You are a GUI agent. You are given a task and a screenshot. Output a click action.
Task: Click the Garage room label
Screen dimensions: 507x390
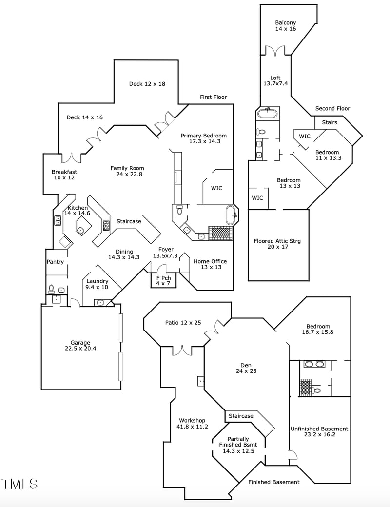coord(80,346)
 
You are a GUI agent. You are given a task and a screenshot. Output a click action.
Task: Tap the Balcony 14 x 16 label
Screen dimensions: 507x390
coord(285,26)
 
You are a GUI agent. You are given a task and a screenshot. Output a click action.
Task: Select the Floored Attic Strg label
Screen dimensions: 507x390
coord(277,244)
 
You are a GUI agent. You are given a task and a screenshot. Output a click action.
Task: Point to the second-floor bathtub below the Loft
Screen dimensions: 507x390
coord(268,114)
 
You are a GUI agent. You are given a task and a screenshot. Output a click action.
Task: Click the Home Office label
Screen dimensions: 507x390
coord(210,264)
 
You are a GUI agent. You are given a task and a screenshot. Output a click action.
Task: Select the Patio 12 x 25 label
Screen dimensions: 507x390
coord(183,323)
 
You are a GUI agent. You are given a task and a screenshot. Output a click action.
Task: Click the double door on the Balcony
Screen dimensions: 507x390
coord(274,51)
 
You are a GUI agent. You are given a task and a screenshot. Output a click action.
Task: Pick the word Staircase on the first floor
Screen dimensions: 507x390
coord(129,221)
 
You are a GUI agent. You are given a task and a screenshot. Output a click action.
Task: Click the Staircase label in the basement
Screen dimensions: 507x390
coord(241,416)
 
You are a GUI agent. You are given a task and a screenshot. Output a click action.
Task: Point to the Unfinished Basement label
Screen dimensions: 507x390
coord(319,432)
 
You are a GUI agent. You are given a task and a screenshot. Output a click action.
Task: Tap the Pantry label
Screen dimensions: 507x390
coord(55,262)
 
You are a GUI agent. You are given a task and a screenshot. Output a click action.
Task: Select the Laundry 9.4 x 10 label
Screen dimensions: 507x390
coord(97,284)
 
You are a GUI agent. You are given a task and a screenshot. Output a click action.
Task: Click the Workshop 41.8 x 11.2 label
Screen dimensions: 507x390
coord(192,423)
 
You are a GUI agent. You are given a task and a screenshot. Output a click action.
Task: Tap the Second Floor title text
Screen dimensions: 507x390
coord(332,108)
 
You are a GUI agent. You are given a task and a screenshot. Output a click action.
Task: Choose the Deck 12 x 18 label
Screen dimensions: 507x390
coord(147,84)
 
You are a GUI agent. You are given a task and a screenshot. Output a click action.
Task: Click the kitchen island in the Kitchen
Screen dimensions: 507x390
coord(83,225)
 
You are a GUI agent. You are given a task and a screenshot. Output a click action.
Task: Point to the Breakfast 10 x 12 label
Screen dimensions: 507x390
coord(64,175)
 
